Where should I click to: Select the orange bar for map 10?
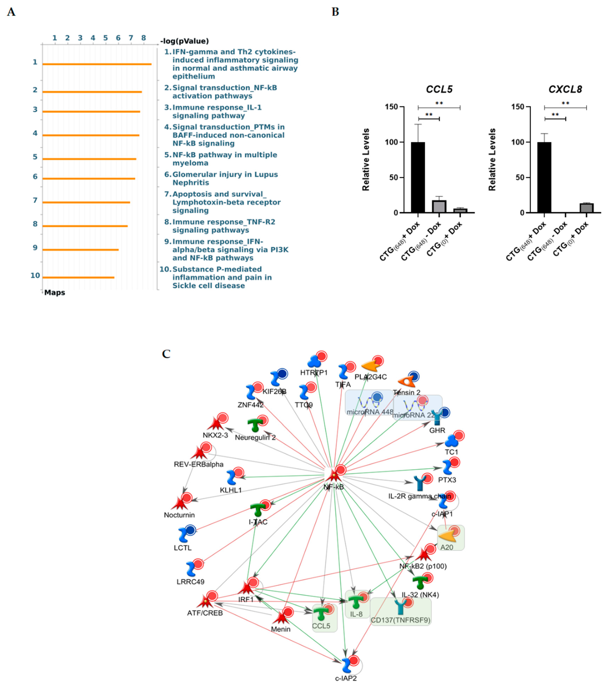click(78, 277)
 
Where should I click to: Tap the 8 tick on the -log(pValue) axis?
click(143, 38)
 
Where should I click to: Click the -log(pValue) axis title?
click(185, 41)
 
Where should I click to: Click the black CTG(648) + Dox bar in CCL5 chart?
click(418, 177)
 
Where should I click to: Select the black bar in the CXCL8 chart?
click(544, 177)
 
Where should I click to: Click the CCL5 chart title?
click(439, 89)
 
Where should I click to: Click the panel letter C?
click(166, 354)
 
